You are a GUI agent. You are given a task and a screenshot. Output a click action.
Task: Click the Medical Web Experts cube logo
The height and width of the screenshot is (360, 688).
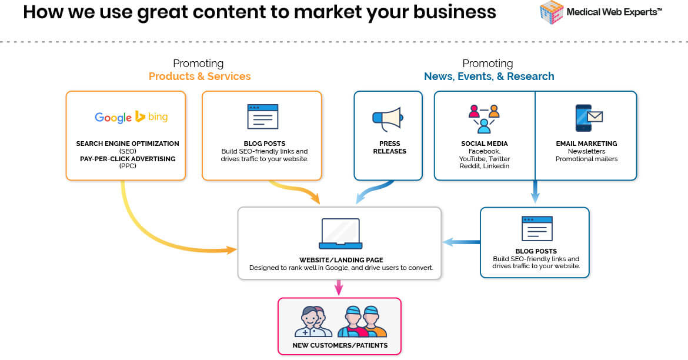click(551, 12)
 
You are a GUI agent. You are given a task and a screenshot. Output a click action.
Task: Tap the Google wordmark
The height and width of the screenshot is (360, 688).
click(113, 117)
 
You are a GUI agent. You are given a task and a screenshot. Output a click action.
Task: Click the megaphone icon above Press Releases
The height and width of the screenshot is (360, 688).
click(388, 119)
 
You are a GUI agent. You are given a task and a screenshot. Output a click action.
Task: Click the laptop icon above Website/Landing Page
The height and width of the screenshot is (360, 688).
click(340, 234)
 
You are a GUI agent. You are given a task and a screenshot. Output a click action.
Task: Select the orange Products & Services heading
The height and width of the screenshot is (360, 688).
click(199, 76)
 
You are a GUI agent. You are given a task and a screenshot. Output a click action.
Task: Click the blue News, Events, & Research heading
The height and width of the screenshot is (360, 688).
click(489, 76)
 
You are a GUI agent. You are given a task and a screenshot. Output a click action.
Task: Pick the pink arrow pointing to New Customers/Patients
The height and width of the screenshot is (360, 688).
click(339, 288)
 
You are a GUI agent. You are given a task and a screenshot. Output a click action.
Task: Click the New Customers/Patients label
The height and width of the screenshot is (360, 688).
click(340, 345)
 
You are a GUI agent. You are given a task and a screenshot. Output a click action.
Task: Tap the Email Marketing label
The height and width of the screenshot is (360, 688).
click(586, 144)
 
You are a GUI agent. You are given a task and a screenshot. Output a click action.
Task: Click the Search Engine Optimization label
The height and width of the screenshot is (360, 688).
click(128, 144)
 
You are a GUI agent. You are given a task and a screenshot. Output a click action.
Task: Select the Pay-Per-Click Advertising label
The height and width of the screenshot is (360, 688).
click(128, 159)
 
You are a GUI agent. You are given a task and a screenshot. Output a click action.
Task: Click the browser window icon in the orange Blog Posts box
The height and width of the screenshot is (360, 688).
click(262, 116)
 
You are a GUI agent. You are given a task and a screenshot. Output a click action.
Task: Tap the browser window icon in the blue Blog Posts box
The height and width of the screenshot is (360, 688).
click(536, 228)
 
